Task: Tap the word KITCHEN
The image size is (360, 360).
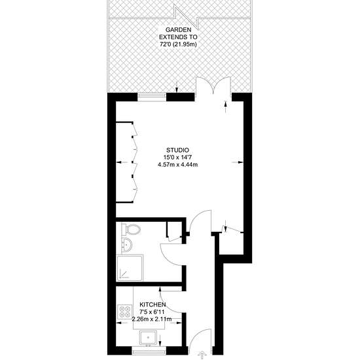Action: [x=153, y=304]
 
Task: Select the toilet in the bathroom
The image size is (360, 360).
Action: [x=131, y=229]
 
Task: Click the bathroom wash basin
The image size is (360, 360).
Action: [x=126, y=245]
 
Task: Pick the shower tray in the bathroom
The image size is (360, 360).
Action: [x=130, y=268]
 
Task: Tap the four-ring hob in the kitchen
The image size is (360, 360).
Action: [x=125, y=312]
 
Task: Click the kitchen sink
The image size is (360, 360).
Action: [x=148, y=338]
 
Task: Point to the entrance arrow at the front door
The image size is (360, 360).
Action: [x=202, y=355]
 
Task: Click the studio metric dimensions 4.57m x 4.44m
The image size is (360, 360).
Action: [x=177, y=164]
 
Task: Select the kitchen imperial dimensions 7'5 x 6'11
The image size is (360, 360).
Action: [x=152, y=312]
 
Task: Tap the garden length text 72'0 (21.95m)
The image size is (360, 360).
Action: [x=179, y=45]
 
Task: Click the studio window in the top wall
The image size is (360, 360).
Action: [x=152, y=97]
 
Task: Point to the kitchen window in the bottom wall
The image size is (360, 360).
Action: [x=149, y=351]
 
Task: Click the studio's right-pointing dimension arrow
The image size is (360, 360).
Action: [x=237, y=162]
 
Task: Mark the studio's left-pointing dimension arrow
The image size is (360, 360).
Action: [x=122, y=162]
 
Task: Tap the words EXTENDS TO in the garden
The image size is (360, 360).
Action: [x=179, y=37]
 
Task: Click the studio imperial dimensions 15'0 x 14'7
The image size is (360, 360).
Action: [x=177, y=158]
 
